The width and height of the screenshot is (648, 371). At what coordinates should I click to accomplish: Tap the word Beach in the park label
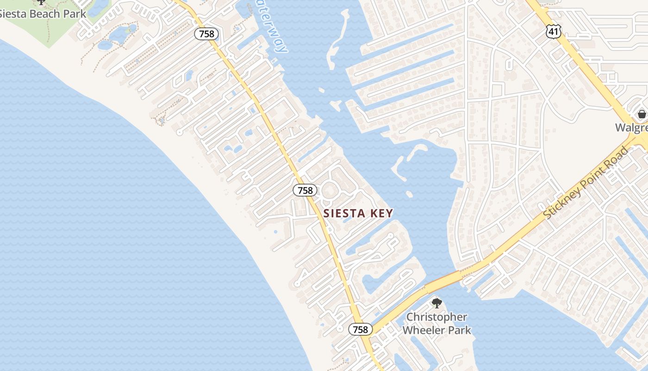(48, 14)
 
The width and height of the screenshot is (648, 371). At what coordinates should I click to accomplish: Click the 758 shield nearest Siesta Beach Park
(206, 34)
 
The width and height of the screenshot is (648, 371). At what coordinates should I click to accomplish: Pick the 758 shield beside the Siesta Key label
(305, 190)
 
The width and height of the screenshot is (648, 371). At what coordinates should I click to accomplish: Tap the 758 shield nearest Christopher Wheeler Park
(360, 330)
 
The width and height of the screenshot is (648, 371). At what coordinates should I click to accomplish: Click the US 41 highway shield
(553, 32)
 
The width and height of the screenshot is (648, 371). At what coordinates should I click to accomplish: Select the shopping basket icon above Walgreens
(642, 114)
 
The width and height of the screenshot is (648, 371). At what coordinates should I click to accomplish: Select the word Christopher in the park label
(437, 318)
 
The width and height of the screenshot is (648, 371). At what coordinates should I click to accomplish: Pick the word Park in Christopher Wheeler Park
(459, 330)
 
